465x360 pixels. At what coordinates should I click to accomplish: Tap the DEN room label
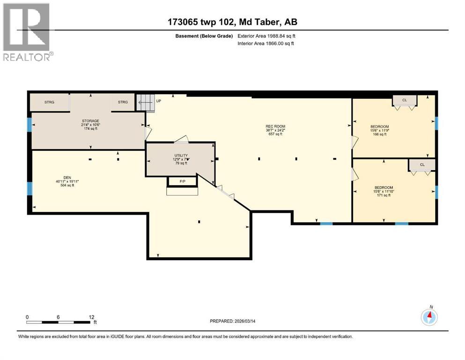pos(65,181)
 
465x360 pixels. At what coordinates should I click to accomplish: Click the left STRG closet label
pos(50,102)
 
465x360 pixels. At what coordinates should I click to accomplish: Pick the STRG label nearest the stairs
pos(123,102)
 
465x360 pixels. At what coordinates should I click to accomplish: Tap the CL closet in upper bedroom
pos(405,100)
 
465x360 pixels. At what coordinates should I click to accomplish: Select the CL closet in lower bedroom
pos(422,165)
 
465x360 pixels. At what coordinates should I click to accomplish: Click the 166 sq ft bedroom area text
pos(379,135)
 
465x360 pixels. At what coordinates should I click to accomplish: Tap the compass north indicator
pos(429,317)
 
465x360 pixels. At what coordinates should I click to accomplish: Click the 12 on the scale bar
pos(91,317)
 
